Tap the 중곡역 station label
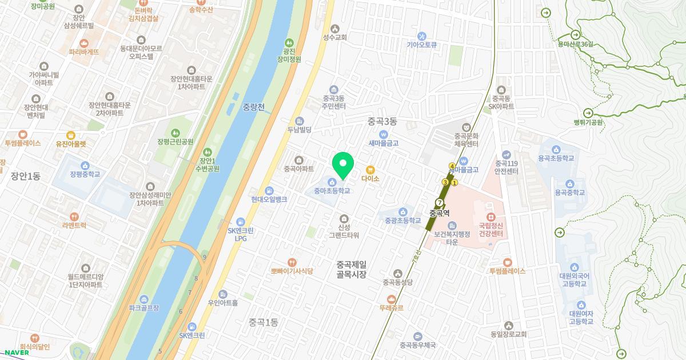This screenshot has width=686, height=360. coord(439,214)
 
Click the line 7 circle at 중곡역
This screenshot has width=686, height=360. coord(439,202)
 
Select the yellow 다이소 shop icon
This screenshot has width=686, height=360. coord(370,170)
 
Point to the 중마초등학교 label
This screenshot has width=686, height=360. coord(332,191)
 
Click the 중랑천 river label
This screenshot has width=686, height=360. coord(253,107)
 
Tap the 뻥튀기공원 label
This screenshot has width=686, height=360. coord(588,122)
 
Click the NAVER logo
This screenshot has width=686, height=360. coord(14,352)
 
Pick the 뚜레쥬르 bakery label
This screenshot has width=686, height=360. coord(391,307)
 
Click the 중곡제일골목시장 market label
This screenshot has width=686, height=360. coord(351,269)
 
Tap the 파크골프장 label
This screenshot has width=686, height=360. coord(144,307)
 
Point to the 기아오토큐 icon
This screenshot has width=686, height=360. coord(422,36)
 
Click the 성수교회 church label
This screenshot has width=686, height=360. coord(335,37)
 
